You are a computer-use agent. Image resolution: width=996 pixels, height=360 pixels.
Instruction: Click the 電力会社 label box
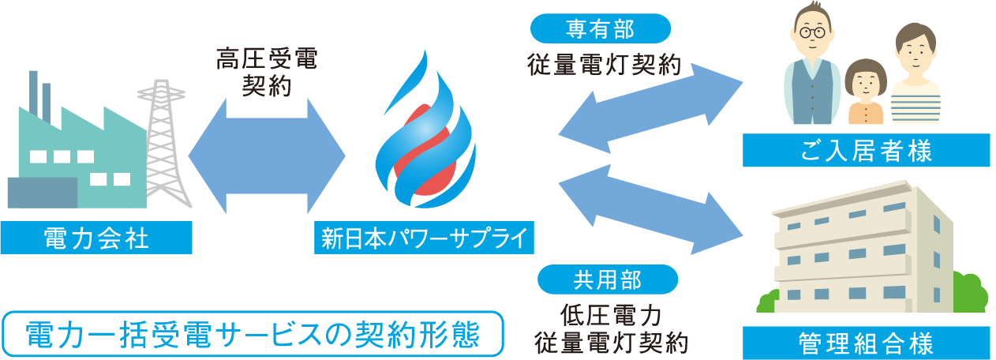tap(96, 238)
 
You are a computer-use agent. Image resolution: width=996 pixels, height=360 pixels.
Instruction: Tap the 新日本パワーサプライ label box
tap(423, 238)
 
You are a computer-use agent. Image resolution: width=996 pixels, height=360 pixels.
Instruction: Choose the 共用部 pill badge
tap(607, 279)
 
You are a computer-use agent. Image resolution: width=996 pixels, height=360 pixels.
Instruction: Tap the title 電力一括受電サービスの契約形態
tap(253, 335)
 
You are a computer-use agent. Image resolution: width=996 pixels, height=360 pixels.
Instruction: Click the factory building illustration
tap(75, 158)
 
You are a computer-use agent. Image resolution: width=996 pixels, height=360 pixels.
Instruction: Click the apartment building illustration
tap(860, 253)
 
